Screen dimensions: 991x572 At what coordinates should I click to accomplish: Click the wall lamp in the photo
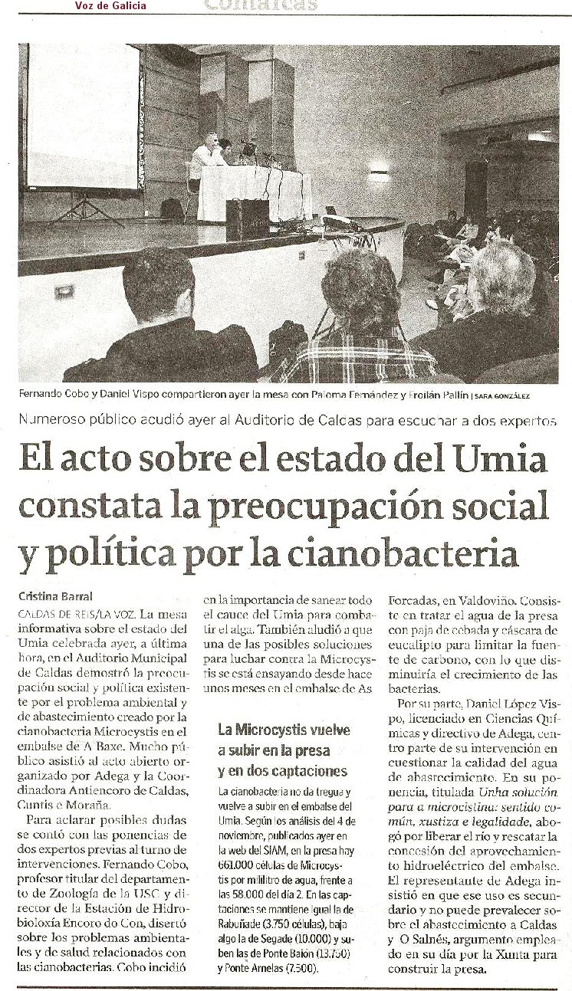[379, 175]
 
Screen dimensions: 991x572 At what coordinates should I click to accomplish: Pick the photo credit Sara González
[502, 396]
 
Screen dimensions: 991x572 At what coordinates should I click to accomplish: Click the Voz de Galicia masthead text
[110, 6]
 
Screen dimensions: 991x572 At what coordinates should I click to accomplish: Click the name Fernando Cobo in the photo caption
[52, 395]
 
